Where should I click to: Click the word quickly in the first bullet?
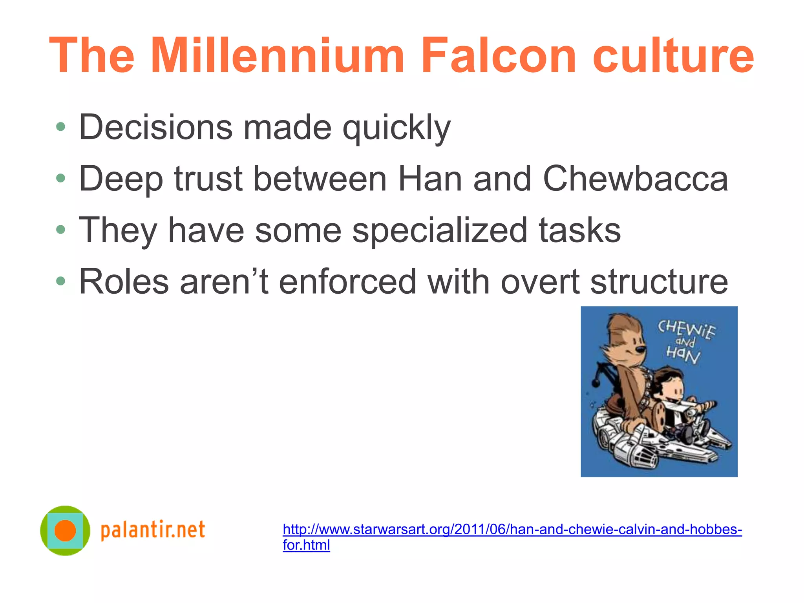(397, 128)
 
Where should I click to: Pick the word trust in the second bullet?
(208, 179)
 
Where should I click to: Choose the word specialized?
(440, 231)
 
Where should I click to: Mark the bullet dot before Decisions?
(60, 127)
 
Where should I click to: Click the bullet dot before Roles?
(60, 281)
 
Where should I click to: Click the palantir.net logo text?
(153, 530)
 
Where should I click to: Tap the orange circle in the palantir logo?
(65, 530)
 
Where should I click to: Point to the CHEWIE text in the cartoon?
(687, 329)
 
